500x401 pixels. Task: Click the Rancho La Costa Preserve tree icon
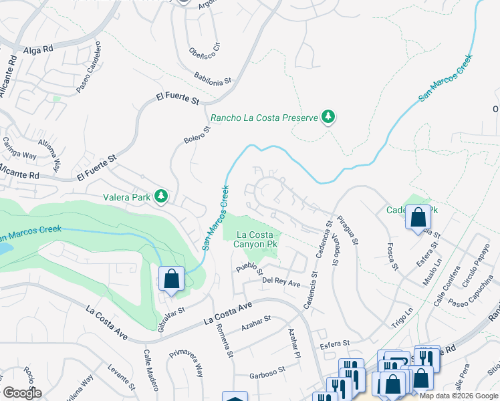coord(328,118)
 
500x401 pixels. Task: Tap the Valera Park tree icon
coord(160,196)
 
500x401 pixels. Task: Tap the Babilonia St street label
coord(213,78)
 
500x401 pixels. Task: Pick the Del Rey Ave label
coord(281,282)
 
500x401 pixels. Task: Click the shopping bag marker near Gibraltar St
coord(171,279)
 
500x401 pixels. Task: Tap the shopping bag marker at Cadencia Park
coord(418,217)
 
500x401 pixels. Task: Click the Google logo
coord(21,393)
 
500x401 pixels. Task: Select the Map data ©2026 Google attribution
coord(459,396)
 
